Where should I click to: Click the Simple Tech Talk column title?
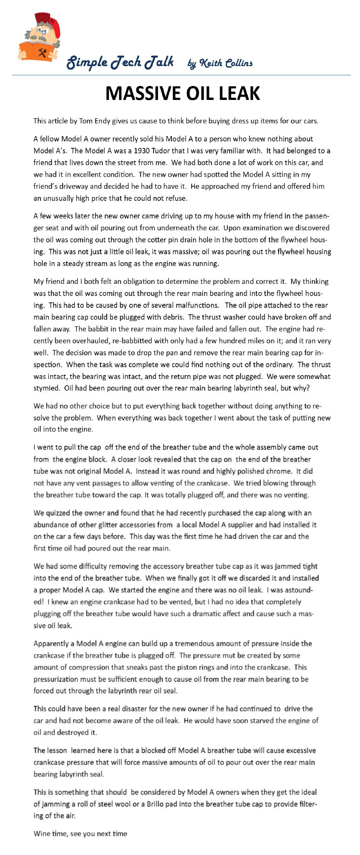[x=120, y=62]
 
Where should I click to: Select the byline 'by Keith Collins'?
[x=220, y=63]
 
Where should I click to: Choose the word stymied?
[x=46, y=388]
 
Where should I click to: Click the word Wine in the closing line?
[x=42, y=833]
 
